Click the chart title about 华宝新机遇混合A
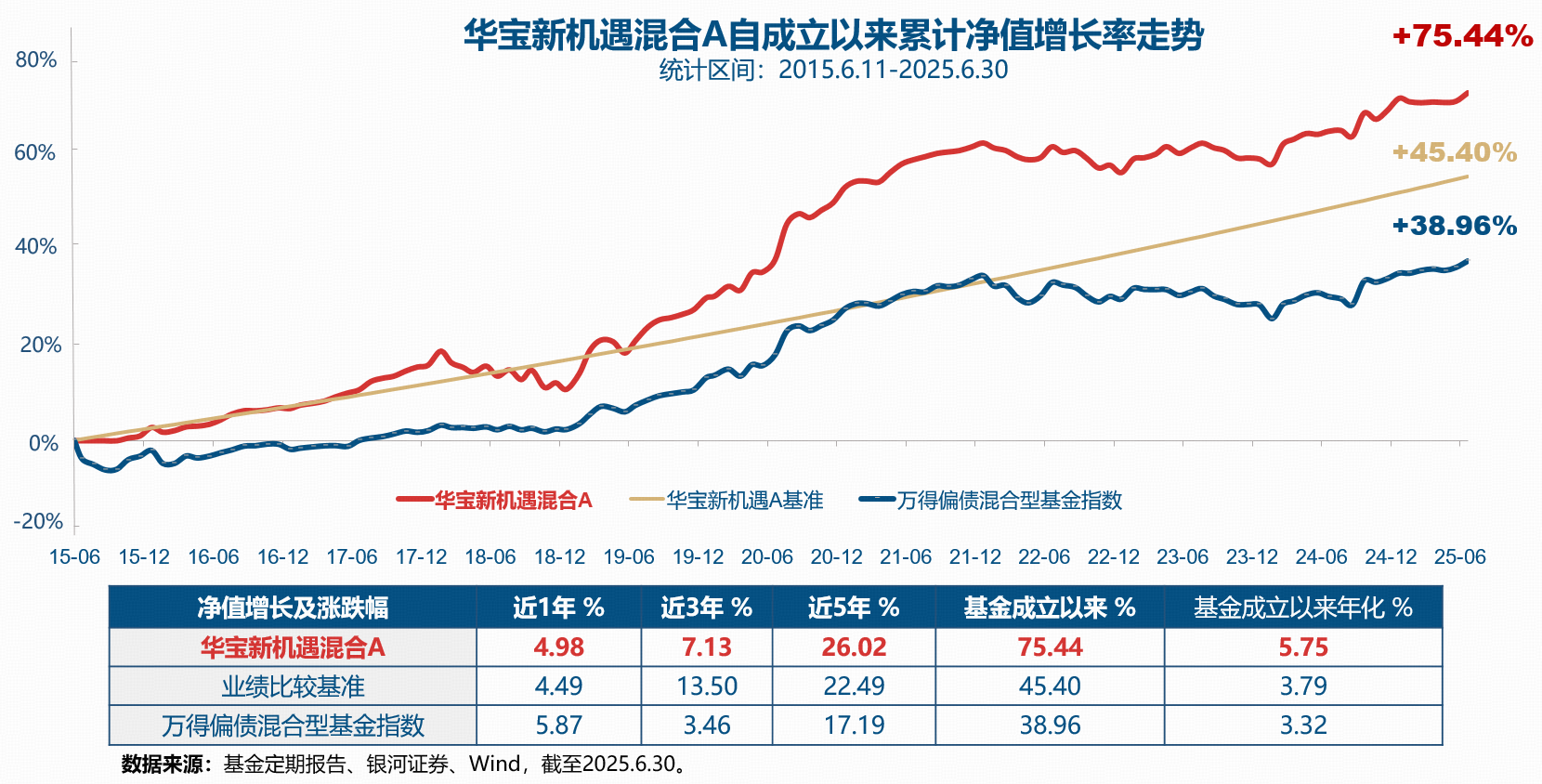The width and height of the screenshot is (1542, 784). click(833, 36)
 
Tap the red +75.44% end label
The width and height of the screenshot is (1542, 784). click(1462, 36)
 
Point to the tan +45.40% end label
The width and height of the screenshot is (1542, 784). click(1454, 152)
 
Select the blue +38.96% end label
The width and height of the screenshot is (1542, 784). click(1454, 226)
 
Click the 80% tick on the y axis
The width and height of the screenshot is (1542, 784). click(36, 60)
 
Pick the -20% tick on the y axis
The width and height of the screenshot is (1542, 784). click(38, 521)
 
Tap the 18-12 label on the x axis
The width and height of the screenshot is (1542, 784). click(559, 557)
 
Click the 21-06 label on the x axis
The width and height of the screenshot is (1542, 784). click(906, 557)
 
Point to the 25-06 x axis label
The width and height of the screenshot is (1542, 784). click(1459, 557)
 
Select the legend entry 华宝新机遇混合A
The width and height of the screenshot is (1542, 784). click(513, 501)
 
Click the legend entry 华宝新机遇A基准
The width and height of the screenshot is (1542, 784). click(744, 501)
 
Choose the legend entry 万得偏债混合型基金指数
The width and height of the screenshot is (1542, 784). click(1009, 501)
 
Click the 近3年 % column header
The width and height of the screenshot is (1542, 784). click(706, 608)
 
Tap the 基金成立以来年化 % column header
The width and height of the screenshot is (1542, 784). click(1302, 608)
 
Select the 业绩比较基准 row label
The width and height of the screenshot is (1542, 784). click(293, 686)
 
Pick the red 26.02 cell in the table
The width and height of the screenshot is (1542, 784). click(854, 647)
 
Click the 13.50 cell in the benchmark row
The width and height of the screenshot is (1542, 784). click(706, 686)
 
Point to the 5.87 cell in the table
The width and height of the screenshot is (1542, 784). click(558, 725)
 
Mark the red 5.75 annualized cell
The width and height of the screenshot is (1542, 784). click(1302, 647)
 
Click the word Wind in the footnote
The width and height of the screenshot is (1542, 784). click(495, 764)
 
